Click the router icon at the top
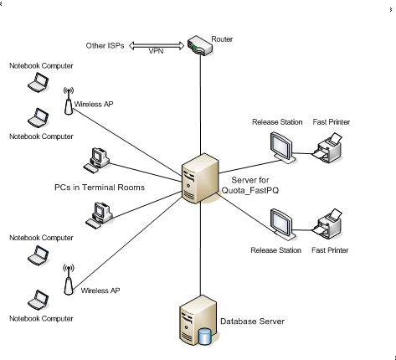[200, 45]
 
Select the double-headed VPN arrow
[157, 45]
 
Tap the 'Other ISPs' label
[105, 45]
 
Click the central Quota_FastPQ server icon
[200, 178]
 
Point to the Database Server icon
[198, 321]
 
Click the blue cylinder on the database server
[204, 337]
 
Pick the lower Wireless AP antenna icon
[69, 280]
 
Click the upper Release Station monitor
[283, 147]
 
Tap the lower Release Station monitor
[283, 224]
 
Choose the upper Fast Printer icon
[327, 148]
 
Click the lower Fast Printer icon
[327, 224]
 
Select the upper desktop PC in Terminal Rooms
[96, 160]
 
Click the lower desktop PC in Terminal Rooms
[99, 215]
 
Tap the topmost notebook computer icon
[39, 82]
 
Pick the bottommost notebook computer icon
[39, 300]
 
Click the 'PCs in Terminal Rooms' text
[100, 188]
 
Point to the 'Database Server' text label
[252, 321]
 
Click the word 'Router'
[222, 39]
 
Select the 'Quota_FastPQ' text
[250, 190]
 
